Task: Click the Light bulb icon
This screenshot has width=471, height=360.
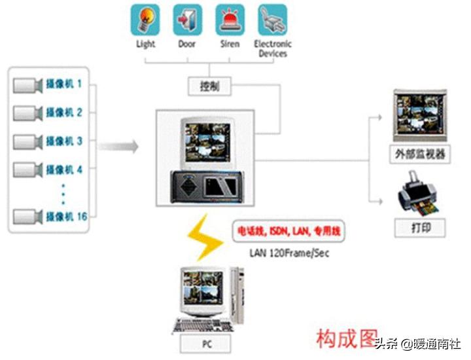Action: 145,20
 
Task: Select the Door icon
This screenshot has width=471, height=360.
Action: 187,20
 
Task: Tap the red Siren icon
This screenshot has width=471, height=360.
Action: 230,20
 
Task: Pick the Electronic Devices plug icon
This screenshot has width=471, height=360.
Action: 272,20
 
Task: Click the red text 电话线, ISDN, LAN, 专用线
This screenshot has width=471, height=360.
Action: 288,232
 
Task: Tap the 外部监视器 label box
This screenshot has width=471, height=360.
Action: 420,154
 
